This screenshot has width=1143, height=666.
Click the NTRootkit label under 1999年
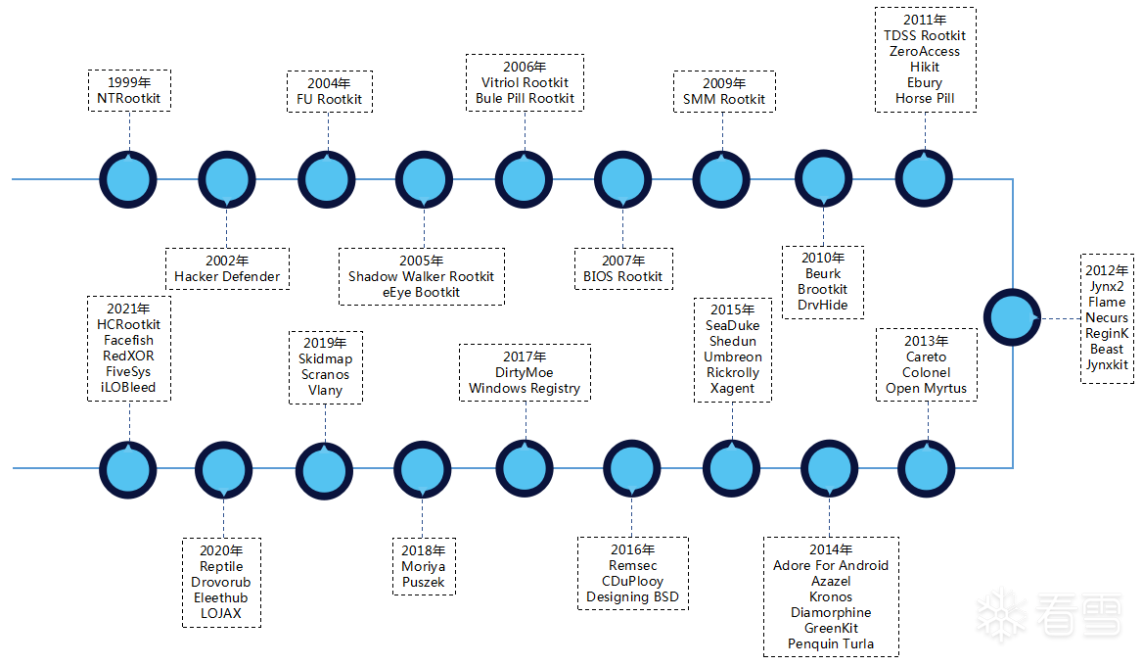click(129, 99)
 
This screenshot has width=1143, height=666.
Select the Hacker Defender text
click(227, 277)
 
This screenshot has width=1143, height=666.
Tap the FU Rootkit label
click(329, 99)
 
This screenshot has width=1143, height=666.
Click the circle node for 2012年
click(1011, 318)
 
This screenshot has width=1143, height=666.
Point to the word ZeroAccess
click(925, 52)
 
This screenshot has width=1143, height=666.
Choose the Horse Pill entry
click(925, 99)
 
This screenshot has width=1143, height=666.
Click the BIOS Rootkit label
click(622, 277)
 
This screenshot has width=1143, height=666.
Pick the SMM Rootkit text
click(724, 99)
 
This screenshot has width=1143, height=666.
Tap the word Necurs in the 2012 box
click(1107, 318)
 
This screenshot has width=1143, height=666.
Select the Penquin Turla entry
click(831, 644)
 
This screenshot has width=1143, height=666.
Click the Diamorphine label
click(831, 613)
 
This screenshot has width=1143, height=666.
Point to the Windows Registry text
click(525, 389)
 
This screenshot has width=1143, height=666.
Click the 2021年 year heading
click(129, 309)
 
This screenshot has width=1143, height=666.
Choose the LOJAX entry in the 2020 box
click(220, 614)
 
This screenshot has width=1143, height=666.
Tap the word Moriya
click(423, 567)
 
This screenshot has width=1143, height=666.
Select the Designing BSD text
click(632, 597)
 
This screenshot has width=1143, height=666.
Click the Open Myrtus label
click(926, 389)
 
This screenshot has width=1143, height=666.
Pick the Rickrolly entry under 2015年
click(732, 373)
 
